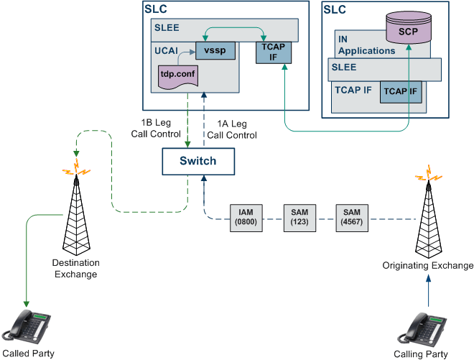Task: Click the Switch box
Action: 198,161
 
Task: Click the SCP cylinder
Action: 408,30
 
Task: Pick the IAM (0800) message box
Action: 245,218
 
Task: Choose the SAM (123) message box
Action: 299,218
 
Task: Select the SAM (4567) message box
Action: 351,218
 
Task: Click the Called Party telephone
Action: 27,328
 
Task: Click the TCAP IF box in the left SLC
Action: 269,54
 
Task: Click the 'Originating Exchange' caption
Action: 427,266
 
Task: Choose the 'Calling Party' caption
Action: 421,354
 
